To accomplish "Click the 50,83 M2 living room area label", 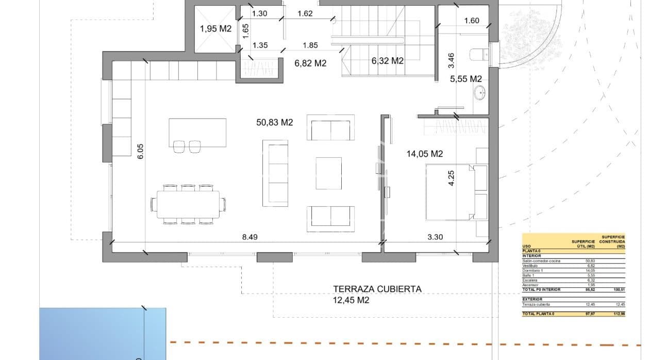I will pos(274,123).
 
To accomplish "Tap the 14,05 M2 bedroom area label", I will pos(425,154).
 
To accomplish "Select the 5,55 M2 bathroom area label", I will pos(465,79).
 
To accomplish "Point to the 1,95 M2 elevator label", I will pos(215,29).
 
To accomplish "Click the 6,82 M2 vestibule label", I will pos(310,63).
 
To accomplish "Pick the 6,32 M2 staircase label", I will pos(387,61).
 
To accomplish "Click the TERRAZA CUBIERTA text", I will pos(377,289).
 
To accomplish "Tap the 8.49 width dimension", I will pos(250,237).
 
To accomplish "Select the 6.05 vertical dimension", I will pos(141,151).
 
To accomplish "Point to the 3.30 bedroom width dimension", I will pos(436,237).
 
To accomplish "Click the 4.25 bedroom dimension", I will pos(452,178).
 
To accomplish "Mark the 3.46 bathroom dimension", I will pos(452,61).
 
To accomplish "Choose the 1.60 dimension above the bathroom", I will pos(471,21).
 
